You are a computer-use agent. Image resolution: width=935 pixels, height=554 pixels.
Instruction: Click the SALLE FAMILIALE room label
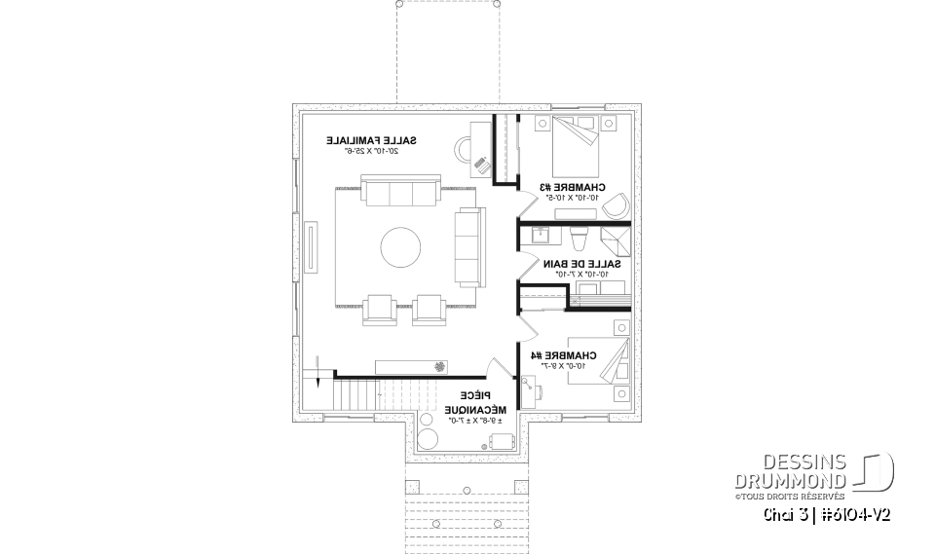[368, 140]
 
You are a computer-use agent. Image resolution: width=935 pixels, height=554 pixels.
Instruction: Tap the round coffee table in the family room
[401, 247]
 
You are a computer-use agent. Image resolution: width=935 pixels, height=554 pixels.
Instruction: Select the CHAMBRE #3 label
[574, 187]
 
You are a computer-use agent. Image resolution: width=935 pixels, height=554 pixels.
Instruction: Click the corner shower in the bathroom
[615, 240]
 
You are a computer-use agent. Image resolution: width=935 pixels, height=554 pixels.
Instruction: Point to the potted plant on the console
[440, 367]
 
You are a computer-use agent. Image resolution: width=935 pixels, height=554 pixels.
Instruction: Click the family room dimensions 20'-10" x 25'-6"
[368, 152]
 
